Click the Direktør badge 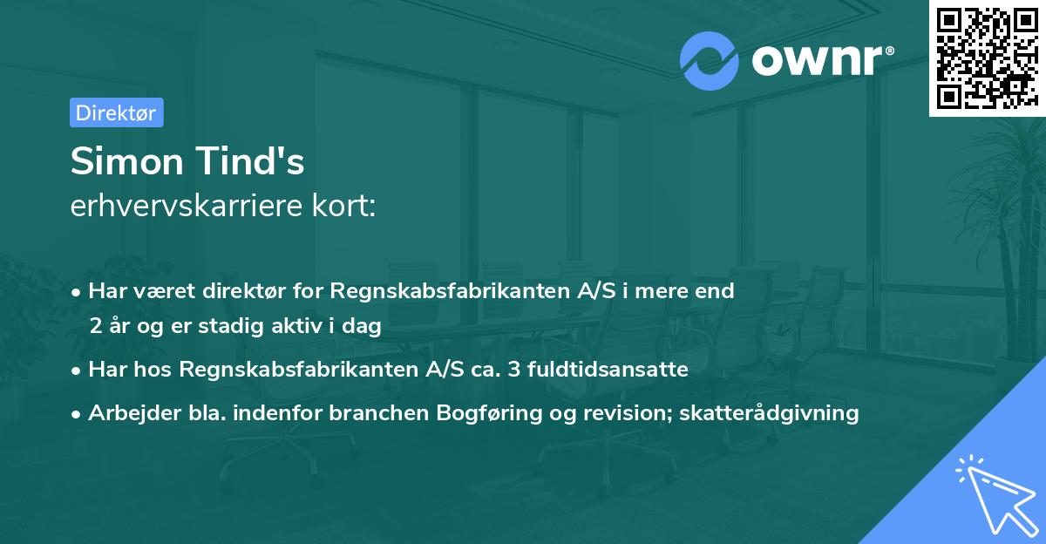(x=116, y=112)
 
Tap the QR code (x=986, y=58)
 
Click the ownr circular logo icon (x=710, y=60)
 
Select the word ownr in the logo (x=817, y=60)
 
